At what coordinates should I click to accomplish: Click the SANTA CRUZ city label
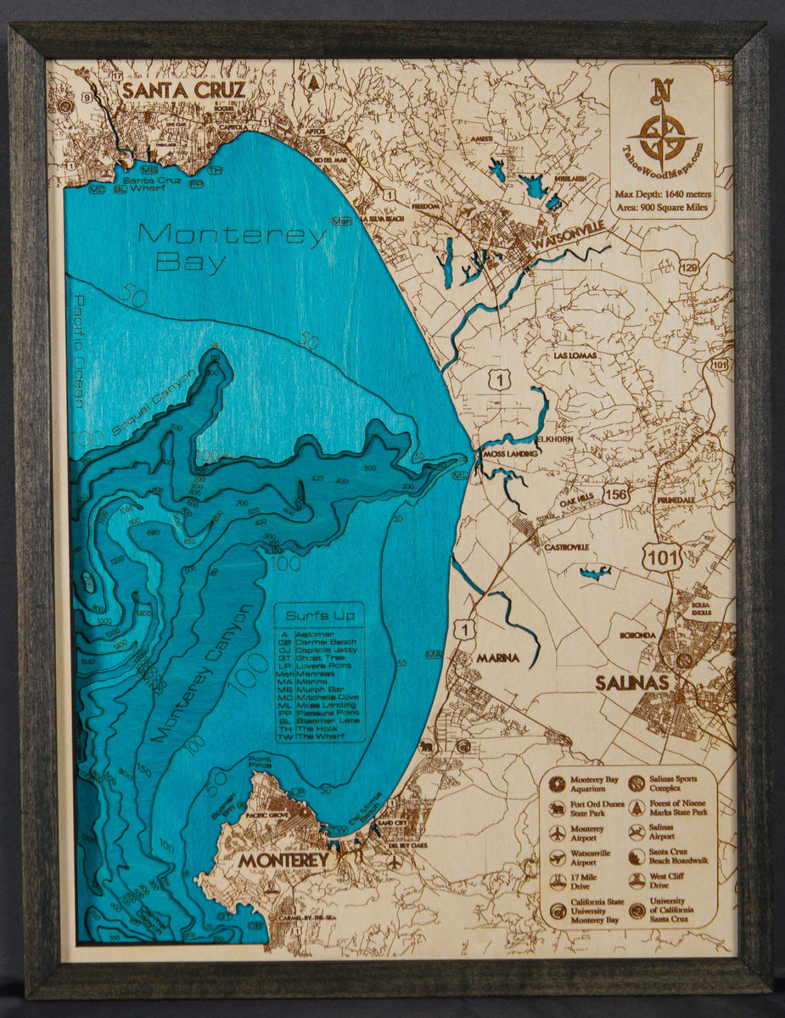pos(183,90)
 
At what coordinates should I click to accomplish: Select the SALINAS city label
pos(631,683)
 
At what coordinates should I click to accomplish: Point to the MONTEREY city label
pos(283,860)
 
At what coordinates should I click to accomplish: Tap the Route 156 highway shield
pos(616,493)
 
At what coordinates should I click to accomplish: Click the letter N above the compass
pos(661,91)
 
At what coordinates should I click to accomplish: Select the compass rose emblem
pos(662,136)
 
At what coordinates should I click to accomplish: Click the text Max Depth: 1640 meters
pos(663,195)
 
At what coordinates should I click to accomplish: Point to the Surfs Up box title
pos(318,616)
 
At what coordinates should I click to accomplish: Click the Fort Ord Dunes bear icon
pos(558,808)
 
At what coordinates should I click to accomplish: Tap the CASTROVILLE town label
pos(566,547)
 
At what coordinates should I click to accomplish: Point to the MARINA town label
pos(497,657)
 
